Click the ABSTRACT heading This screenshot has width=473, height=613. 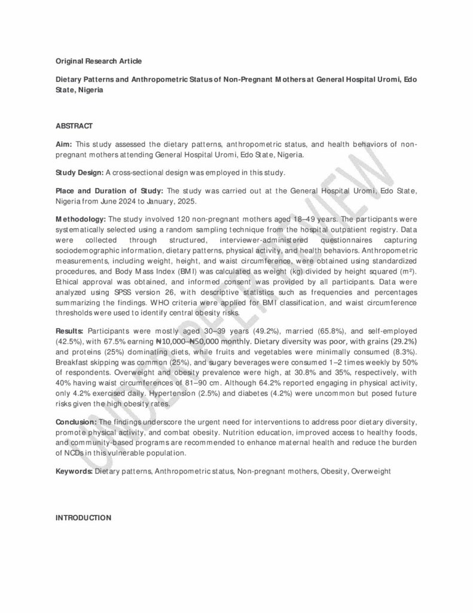click(74, 126)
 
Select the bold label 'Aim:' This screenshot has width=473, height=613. click(64, 144)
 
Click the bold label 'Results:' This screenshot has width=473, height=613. click(70, 330)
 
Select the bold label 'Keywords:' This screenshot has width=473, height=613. click(74, 472)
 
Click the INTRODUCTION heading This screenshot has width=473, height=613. click(83, 518)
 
